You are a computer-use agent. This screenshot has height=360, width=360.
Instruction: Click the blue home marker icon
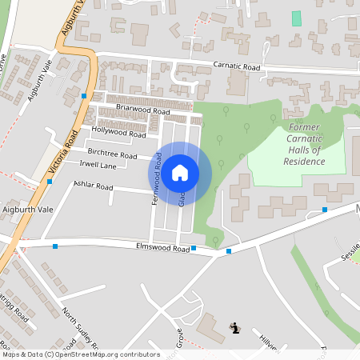(x=180, y=172)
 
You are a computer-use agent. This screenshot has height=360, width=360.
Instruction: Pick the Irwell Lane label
(x=98, y=165)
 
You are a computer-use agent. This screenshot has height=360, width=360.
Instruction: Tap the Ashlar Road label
(x=94, y=186)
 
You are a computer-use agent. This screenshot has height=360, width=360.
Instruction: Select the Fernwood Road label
(x=157, y=181)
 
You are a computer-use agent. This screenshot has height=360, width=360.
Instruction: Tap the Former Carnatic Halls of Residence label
(x=304, y=145)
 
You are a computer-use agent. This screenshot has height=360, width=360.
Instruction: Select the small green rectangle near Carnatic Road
(x=297, y=18)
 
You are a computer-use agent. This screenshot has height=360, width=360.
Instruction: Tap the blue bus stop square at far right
(x=325, y=210)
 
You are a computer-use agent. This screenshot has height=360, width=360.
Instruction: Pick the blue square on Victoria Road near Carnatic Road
(x=84, y=96)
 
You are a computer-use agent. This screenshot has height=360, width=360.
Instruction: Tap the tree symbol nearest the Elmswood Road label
(x=214, y=239)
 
